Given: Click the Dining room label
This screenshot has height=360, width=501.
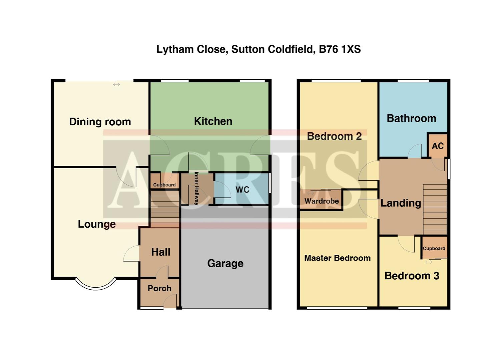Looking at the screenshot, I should pos(100,122).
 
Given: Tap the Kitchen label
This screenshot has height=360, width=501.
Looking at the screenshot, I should pos(213,121).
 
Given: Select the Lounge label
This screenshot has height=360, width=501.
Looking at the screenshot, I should pos(97,224).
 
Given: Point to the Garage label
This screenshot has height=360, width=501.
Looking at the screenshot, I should pos(225,264).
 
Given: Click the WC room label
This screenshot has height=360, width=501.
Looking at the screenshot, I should pos(242,190).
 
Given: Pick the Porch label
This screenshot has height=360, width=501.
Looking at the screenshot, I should pos(159,289).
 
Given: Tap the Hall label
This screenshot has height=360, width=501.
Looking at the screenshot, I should pos(160,252).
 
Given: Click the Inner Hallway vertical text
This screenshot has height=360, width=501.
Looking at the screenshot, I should pos(196,188).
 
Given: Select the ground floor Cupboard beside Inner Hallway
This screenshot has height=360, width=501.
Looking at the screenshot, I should pos(164,185).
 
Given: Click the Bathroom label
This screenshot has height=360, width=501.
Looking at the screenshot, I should pos(411,119).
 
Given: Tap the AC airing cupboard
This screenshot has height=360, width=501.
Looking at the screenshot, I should pos(438,146).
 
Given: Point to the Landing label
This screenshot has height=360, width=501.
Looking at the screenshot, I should pos(401,203).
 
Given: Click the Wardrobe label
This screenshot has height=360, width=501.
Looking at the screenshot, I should pos(322,201).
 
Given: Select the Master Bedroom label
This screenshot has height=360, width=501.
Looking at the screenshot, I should pos(337,258).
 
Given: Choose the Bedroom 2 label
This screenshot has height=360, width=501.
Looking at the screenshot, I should pos(334,137).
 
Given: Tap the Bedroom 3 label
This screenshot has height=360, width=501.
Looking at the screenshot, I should pos(412,276).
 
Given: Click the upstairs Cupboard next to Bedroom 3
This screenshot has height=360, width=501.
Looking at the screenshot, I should pos(434,249).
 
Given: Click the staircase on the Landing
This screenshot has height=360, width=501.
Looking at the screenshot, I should pos(435,209).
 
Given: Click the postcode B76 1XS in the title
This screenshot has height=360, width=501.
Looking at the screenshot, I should pos(340,50).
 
